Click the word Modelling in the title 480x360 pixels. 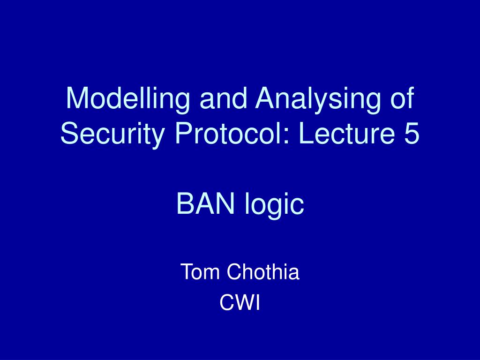pos(127,98)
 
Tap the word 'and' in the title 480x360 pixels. pos(223,98)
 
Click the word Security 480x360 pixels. pos(112,133)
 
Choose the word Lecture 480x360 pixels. pos(346,133)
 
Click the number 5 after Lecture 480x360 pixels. pos(412,133)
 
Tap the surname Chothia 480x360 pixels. pos(263,271)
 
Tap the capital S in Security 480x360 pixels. pos(70,134)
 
